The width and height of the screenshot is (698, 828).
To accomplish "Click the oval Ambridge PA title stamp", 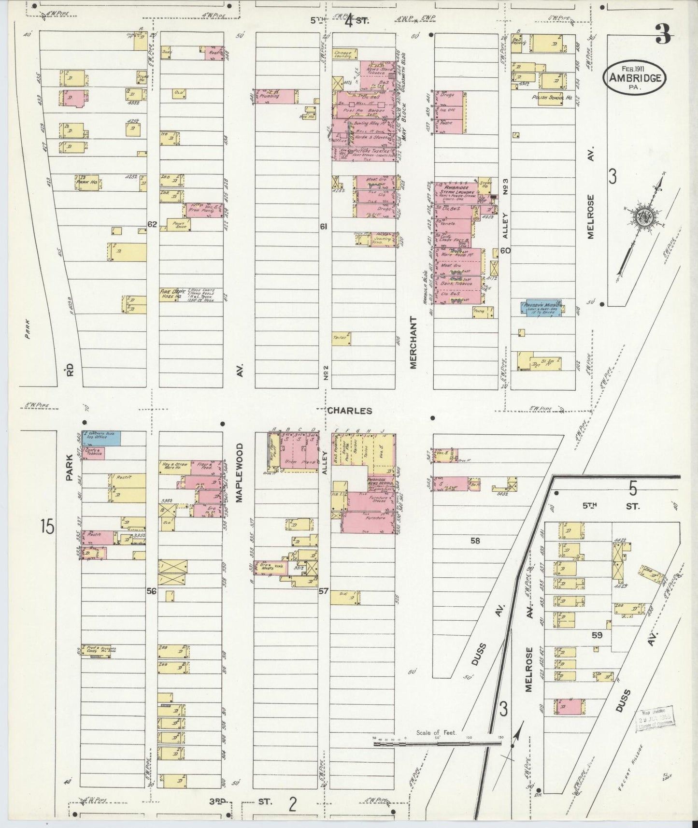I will point(634,77).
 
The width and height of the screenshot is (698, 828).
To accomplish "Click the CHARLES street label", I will point(350,411).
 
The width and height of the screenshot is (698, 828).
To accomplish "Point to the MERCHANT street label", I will point(413,343).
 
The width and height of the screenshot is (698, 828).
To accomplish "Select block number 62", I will point(152,224).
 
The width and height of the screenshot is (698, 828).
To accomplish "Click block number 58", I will point(475,541).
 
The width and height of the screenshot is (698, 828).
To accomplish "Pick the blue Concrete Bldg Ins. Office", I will point(101,438).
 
